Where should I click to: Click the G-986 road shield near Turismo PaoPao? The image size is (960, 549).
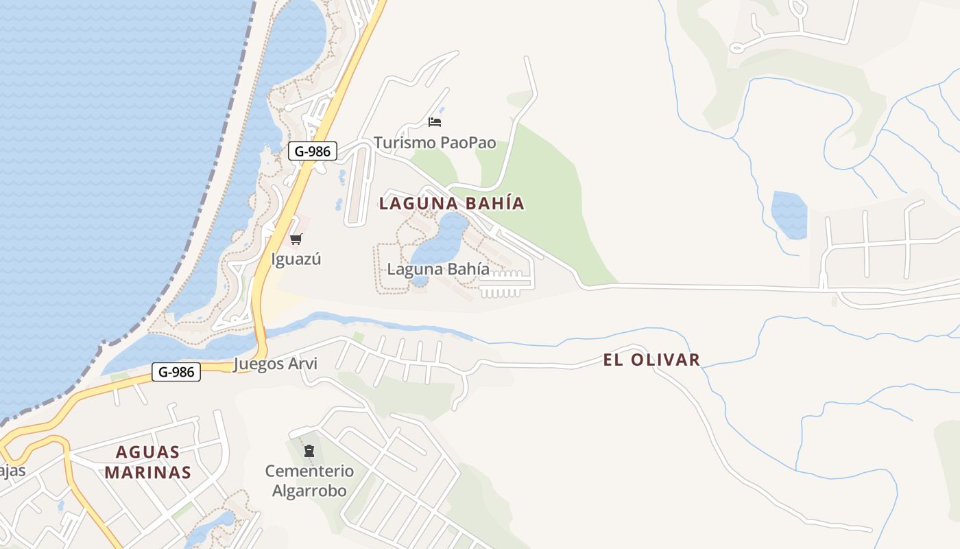pos(313,151)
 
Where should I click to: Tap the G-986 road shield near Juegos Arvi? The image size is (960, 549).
pos(176,372)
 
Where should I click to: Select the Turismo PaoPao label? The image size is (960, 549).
pos(435,143)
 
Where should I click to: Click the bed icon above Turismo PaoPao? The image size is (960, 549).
pos(435,122)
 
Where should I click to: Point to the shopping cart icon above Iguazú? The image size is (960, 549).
pos(296,239)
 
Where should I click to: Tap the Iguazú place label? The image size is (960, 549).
pos(296,259)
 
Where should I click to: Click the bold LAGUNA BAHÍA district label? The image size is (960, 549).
pos(451,203)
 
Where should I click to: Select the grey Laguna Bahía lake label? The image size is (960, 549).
pos(438,269)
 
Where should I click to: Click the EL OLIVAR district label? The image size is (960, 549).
pos(651,360)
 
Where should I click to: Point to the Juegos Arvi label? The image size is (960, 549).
pos(276,364)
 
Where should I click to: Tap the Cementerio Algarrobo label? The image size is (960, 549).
pos(309,480)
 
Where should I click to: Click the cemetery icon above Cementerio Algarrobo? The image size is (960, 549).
pos(309,451)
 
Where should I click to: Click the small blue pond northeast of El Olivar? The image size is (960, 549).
pos(789,214)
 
